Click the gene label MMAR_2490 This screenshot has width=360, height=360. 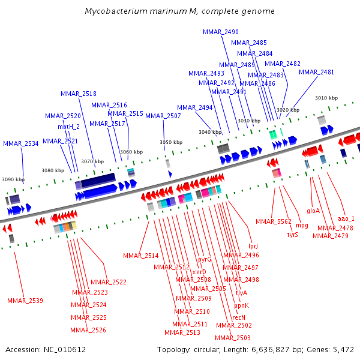tap(220, 32)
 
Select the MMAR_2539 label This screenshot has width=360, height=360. tap(25, 301)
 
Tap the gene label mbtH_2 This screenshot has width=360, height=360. tap(68, 127)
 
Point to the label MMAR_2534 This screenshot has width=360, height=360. tap(20, 144)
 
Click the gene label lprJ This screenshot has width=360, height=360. tap(253, 247)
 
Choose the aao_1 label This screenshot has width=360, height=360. tap(346, 219)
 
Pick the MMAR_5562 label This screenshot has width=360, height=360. tap(273, 222)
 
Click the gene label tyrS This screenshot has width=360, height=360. tap(292, 235)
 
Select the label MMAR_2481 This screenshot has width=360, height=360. tap(316, 73)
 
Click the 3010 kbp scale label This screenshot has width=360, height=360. tap(326, 98)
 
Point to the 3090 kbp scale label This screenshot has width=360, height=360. tap(13, 179)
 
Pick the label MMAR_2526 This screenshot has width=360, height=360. tap(88, 330)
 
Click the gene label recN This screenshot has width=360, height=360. tap(239, 317)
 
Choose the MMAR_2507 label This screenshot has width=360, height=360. tap(163, 116)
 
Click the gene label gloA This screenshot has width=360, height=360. tap(313, 211)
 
